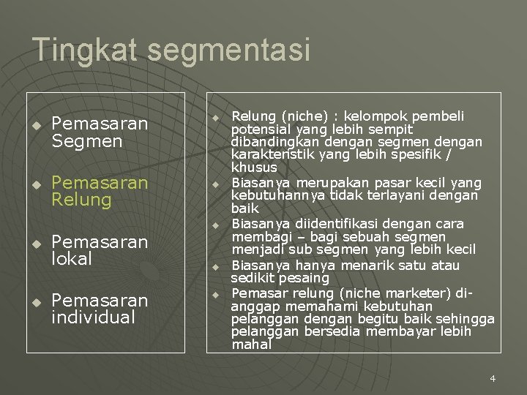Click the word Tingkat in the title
tap(86, 50)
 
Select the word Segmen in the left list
tap(87, 141)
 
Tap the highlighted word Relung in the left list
tap(81, 200)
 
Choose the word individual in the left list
tap(94, 317)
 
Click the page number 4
tap(493, 378)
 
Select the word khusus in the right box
tap(254, 168)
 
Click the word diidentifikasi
tap(313, 223)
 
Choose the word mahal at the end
tap(251, 344)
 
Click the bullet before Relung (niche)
tap(216, 117)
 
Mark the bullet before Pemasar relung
tap(216, 293)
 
